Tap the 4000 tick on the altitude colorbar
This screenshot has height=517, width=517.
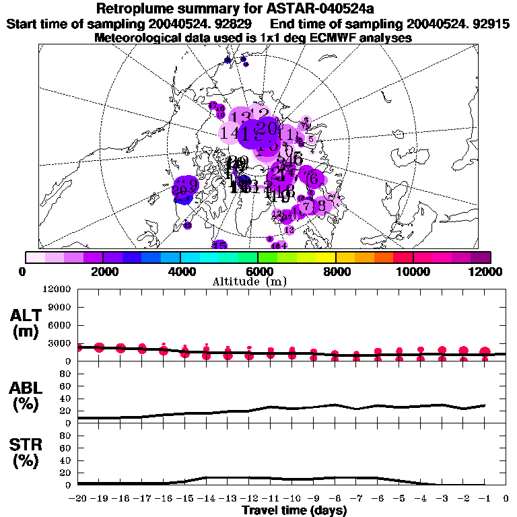pyautogui.click(x=180, y=271)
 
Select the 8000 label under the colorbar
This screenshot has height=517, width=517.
pyautogui.click(x=335, y=271)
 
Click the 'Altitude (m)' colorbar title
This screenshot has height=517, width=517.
pyautogui.click(x=258, y=281)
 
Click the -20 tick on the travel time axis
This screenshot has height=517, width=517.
pyautogui.click(x=77, y=498)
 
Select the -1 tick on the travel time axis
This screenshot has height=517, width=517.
pyautogui.click(x=485, y=498)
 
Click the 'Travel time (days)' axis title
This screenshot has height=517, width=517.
pyautogui.click(x=294, y=510)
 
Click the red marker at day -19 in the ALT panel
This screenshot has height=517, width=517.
pyautogui.click(x=100, y=347)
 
